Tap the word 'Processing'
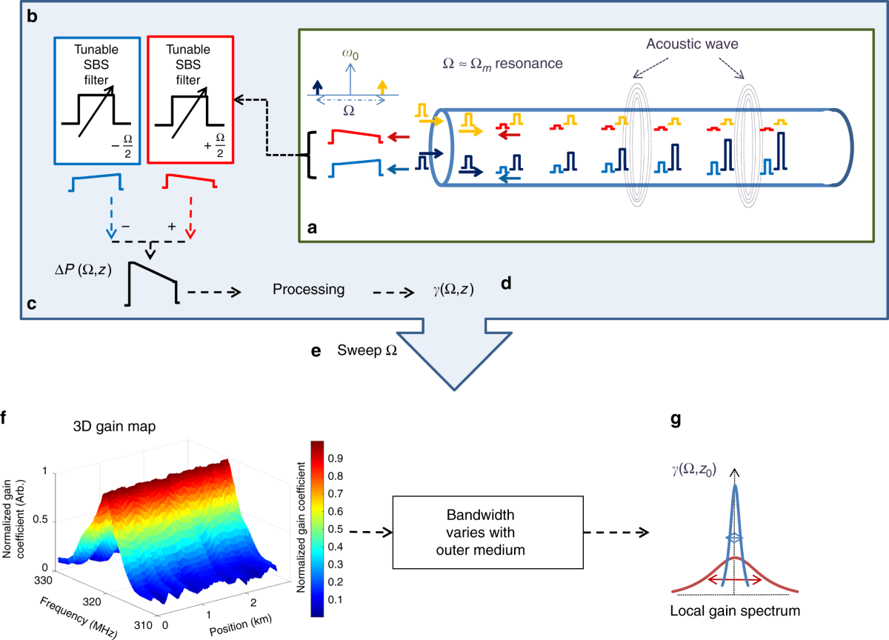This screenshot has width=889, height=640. pyautogui.click(x=308, y=290)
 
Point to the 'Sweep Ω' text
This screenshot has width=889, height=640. pyautogui.click(x=367, y=349)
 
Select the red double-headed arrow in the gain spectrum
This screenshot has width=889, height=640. pyautogui.click(x=733, y=580)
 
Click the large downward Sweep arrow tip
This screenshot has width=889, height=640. pyautogui.click(x=453, y=389)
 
